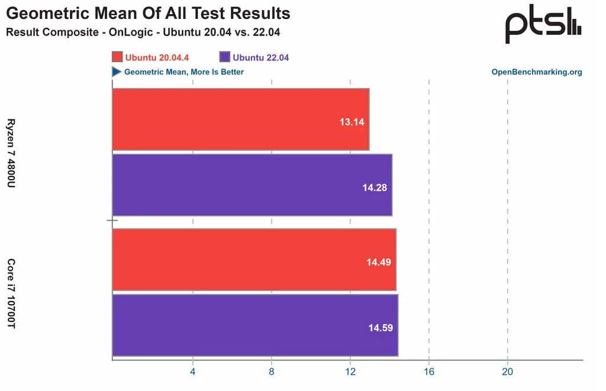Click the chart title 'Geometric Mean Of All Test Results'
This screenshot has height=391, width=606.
[148, 13]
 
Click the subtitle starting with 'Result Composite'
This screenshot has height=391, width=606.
[143, 32]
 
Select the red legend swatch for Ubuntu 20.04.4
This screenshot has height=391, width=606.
[117, 57]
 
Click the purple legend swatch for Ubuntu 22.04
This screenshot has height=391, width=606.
[224, 57]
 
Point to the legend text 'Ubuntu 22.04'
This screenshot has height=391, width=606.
[261, 57]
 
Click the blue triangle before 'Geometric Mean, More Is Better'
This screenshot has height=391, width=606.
[117, 72]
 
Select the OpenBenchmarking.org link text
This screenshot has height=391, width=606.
[537, 72]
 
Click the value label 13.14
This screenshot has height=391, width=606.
[352, 122]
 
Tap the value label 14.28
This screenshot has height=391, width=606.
[375, 188]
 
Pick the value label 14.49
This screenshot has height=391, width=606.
[378, 262]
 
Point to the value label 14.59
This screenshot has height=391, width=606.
[380, 327]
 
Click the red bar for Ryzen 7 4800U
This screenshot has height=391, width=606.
[240, 119]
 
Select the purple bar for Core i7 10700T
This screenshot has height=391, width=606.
[254, 325]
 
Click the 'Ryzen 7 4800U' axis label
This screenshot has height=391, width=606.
[11, 153]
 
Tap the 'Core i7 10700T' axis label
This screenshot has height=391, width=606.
[11, 293]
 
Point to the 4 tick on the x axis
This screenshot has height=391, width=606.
[192, 371]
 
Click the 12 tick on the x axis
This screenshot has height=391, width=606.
[350, 371]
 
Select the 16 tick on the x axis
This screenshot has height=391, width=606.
[429, 371]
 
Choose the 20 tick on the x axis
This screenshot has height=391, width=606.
[507, 371]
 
